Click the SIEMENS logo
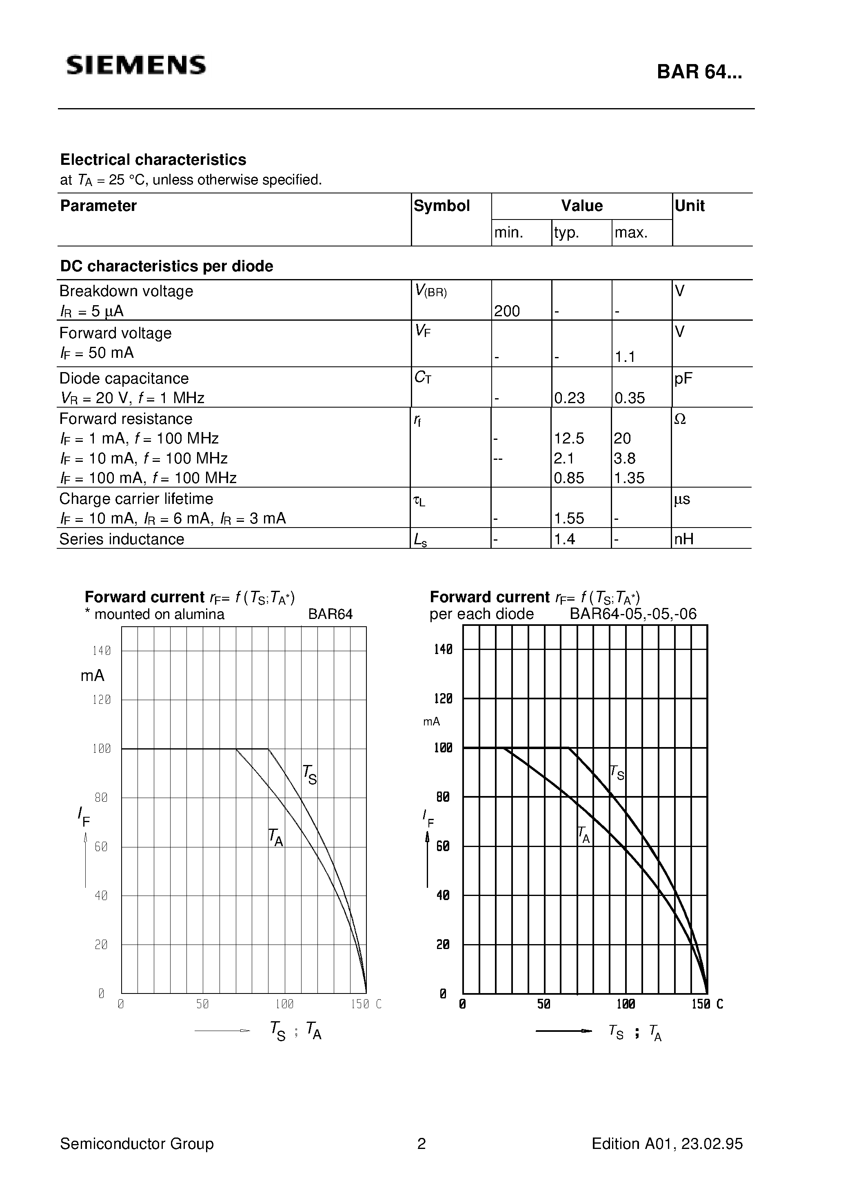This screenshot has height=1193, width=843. point(136,65)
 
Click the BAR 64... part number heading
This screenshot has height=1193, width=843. point(699,72)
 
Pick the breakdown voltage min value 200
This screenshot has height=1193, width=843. point(507,311)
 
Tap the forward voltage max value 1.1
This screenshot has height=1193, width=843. point(625,357)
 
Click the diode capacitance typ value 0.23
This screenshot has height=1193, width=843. point(569,398)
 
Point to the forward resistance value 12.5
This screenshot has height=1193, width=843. point(569,439)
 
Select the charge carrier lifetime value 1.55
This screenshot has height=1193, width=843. point(569,518)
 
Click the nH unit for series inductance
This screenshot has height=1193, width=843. point(684,539)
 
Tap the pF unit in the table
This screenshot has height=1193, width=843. point(683,378)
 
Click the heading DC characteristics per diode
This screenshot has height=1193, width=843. point(166,266)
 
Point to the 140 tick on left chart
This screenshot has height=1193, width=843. point(101,650)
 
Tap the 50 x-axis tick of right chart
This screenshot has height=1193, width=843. point(543,1005)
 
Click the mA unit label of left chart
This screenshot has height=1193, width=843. point(93,676)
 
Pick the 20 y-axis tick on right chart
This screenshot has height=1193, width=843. point(443,945)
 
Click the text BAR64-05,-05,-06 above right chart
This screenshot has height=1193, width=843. point(632,614)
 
